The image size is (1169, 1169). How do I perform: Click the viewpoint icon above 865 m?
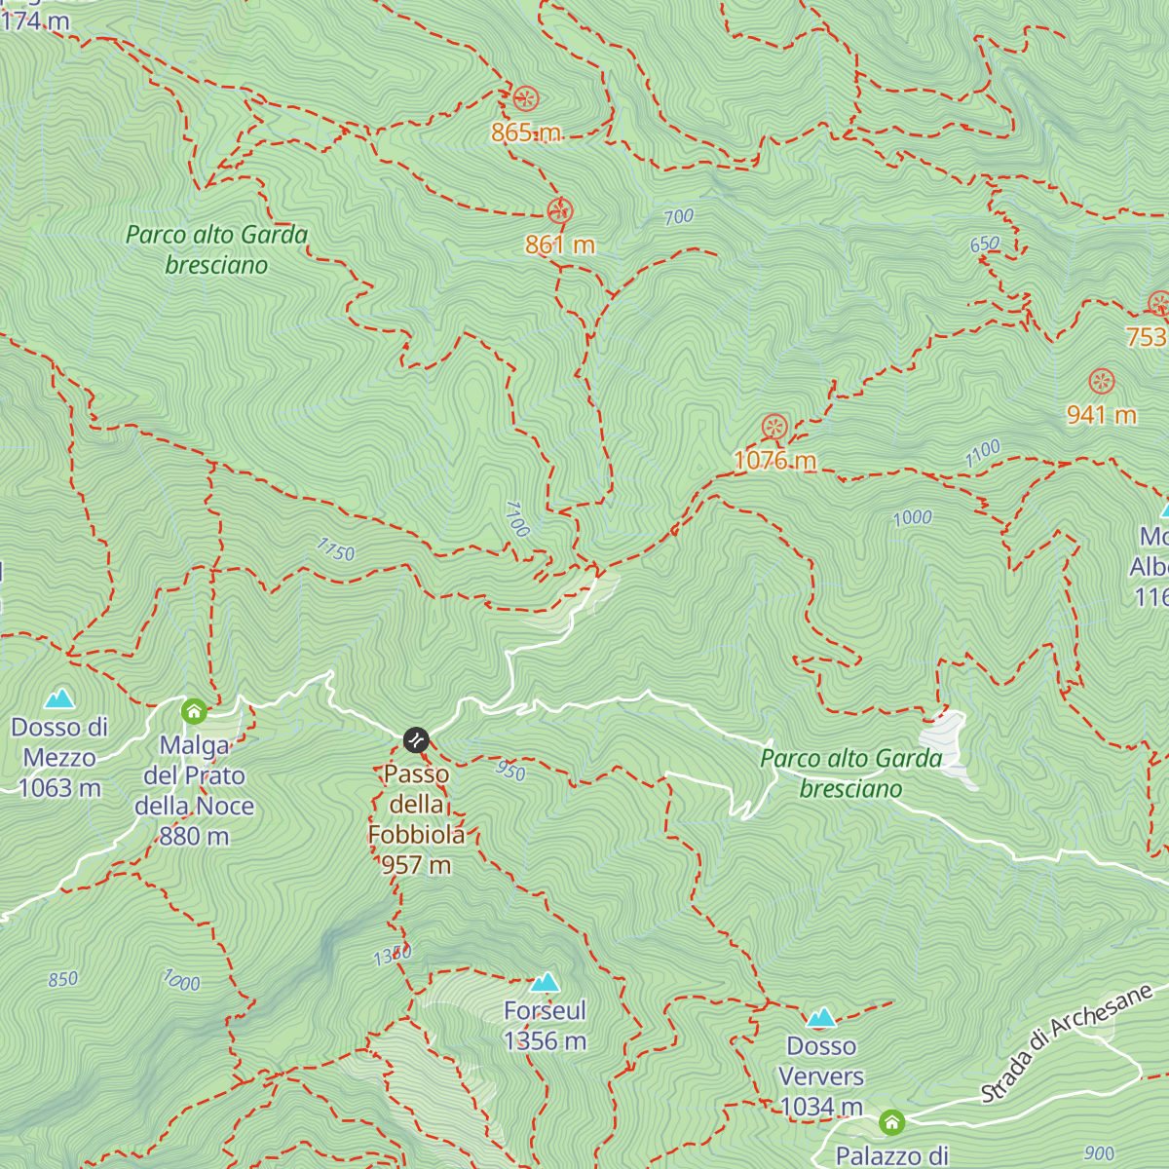tap(526, 98)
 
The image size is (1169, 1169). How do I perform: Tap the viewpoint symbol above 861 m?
tap(559, 210)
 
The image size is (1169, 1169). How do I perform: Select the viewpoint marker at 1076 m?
tap(774, 427)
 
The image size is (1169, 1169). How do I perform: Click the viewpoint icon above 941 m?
tap(1101, 381)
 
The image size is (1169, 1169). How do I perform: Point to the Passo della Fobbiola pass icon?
tap(416, 740)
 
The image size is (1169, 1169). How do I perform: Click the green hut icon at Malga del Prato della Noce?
tap(195, 711)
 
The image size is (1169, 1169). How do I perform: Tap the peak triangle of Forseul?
tap(545, 982)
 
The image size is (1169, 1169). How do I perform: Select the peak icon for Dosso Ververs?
tap(821, 1018)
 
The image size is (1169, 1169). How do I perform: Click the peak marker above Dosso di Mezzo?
tap(60, 698)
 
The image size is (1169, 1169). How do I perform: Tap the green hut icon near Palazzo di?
tap(891, 1123)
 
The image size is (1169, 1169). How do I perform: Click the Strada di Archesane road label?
tap(1066, 1043)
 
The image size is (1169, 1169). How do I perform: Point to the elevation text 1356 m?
tap(545, 1041)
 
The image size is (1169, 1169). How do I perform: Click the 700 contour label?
tap(679, 217)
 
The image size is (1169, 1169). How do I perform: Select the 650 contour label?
tap(985, 245)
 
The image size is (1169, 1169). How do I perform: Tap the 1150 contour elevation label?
tap(336, 551)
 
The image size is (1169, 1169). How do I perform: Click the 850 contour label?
tap(63, 979)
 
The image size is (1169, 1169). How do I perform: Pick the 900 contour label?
tap(1099, 1153)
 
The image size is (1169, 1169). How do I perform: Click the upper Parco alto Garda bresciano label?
tap(216, 249)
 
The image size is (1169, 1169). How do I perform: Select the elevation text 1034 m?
tap(821, 1107)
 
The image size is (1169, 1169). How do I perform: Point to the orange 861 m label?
tap(560, 245)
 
